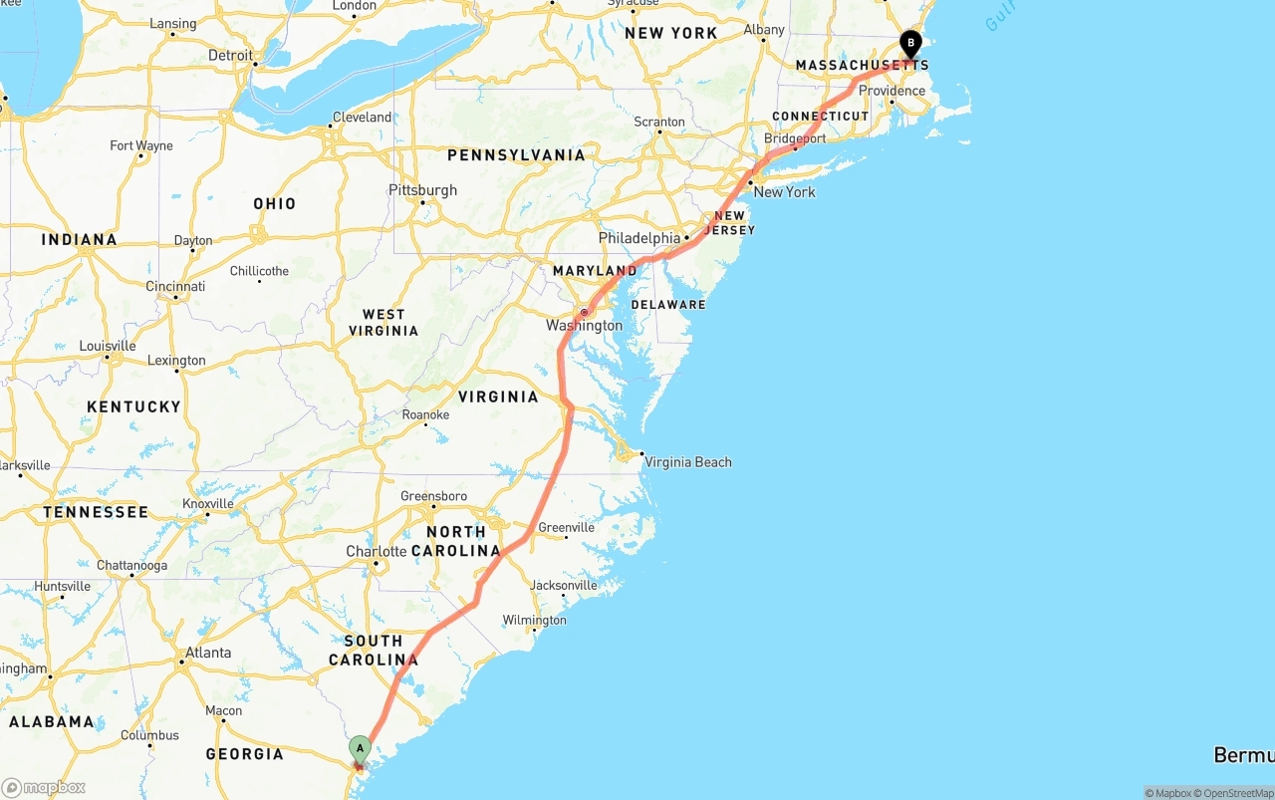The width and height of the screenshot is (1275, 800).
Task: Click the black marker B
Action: (910, 44)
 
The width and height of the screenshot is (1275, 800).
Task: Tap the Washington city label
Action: (584, 326)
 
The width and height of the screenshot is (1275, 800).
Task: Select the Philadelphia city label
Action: (639, 238)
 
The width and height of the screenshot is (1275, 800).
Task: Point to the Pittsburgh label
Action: (422, 190)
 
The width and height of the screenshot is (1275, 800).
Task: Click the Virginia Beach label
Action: (687, 462)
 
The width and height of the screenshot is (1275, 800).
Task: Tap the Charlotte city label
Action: (377, 552)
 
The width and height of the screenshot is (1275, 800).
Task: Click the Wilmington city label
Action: (534, 620)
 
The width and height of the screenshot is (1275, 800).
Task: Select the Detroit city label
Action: (230, 56)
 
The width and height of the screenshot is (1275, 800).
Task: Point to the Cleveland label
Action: (362, 118)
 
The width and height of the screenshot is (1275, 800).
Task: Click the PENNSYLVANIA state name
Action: (516, 155)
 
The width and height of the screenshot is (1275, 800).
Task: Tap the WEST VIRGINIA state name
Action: (383, 323)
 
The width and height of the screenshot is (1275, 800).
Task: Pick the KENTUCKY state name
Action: (133, 406)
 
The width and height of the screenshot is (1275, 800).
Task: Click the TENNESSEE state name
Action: (96, 512)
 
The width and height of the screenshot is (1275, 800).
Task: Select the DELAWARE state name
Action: (667, 305)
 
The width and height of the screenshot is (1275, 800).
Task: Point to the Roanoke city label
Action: (425, 415)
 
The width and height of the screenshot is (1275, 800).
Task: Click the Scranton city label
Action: (659, 123)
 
